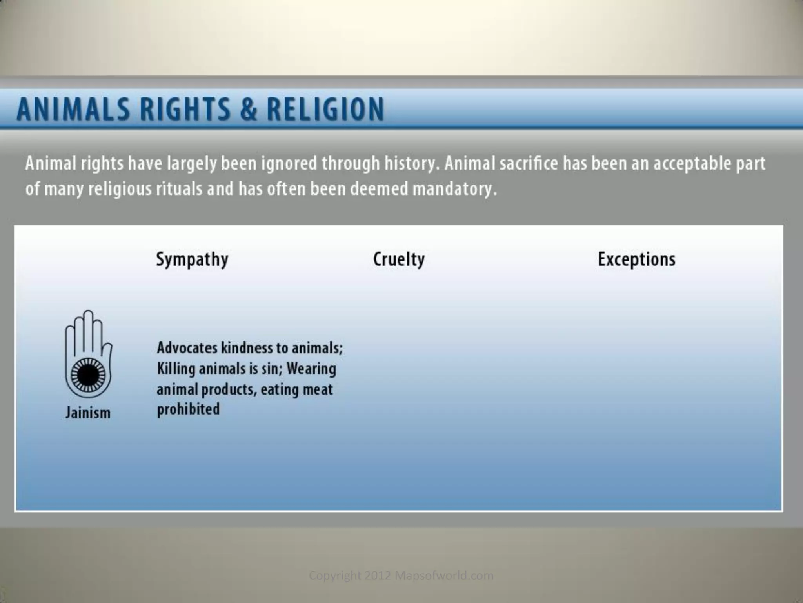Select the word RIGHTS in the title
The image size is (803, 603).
pyautogui.click(x=185, y=109)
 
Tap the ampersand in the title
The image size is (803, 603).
pyautogui.click(x=249, y=109)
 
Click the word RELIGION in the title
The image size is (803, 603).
pyautogui.click(x=325, y=109)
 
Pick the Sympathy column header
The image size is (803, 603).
pyautogui.click(x=192, y=259)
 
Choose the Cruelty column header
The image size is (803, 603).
pyautogui.click(x=399, y=259)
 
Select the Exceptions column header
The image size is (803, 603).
pyautogui.click(x=636, y=259)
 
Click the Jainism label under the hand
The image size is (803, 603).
pyautogui.click(x=88, y=413)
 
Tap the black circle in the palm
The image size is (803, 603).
pyautogui.click(x=88, y=375)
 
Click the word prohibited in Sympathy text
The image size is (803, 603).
pyautogui.click(x=188, y=409)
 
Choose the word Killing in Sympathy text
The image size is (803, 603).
pyautogui.click(x=176, y=369)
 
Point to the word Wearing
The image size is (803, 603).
pyautogui.click(x=311, y=369)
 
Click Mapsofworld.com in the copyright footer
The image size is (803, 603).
pyautogui.click(x=443, y=576)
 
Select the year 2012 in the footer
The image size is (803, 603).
pyautogui.click(x=378, y=576)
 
